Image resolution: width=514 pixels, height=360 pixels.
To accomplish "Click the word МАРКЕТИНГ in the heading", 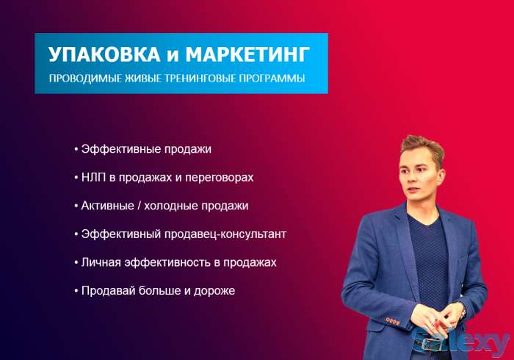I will pos(247,54).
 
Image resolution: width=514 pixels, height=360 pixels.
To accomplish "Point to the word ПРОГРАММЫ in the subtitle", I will pos(276,79).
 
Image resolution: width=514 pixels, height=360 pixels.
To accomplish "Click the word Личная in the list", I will pos(100,262).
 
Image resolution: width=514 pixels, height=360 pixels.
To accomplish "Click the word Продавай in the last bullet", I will pos(106,291).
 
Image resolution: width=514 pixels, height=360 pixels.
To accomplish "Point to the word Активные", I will pos(107,206).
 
